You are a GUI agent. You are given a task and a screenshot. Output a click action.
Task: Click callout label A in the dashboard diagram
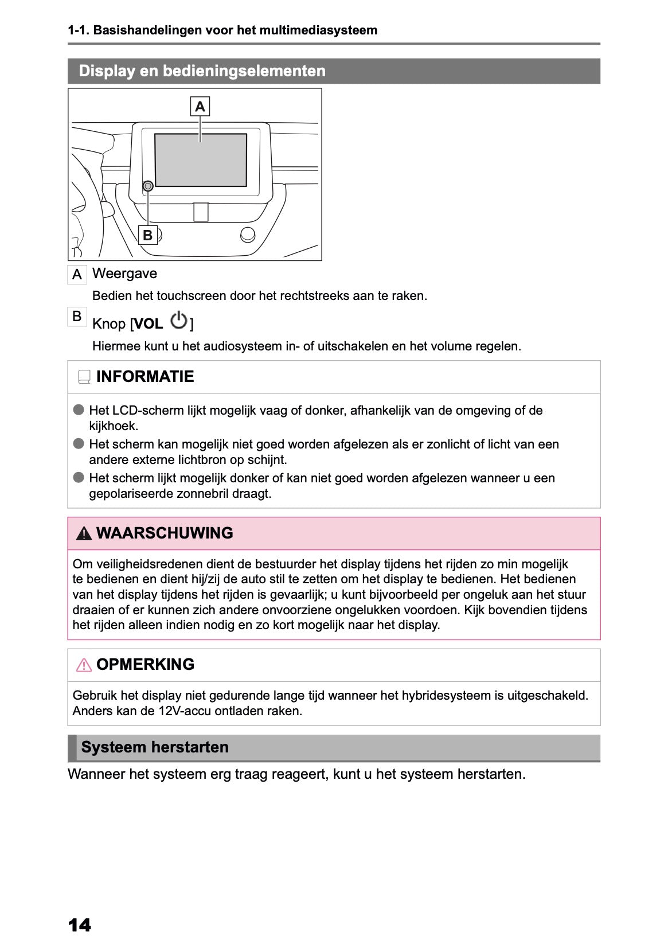point(200,107)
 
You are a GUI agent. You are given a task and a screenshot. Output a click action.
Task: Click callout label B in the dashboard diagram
point(148,235)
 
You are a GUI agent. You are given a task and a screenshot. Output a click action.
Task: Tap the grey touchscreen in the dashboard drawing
point(201,160)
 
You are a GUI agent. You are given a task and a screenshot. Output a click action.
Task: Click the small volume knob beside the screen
point(148,186)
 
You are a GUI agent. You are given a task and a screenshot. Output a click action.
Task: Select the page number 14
point(79,925)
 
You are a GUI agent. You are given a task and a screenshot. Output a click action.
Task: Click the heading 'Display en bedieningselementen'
point(202,71)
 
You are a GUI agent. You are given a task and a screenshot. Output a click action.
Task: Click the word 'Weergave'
point(124,274)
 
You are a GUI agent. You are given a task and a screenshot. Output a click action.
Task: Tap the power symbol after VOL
point(179,321)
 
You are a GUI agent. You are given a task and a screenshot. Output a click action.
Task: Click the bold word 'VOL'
point(149,324)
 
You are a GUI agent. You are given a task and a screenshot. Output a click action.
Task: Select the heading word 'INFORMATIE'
point(145,377)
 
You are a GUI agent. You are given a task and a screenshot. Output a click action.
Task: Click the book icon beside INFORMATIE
point(84,377)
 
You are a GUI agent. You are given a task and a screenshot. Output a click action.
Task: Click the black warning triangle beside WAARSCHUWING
point(84,534)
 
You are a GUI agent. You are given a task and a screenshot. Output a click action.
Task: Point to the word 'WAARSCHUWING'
point(165,533)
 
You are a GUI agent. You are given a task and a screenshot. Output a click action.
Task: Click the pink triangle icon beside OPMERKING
point(84,665)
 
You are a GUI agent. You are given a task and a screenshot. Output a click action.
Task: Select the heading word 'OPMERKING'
point(145,665)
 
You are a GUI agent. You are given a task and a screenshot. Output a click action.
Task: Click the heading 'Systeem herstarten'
point(155,747)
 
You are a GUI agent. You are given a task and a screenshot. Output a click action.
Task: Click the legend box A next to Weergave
point(77,275)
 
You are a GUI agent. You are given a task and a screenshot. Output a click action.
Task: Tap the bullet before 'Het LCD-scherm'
point(79,410)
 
